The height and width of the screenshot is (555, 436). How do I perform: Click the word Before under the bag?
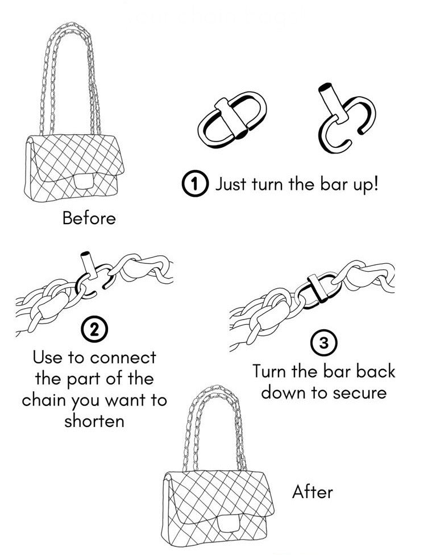89,218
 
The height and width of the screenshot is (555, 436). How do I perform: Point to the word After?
312,491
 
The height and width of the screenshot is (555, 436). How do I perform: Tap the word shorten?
94,421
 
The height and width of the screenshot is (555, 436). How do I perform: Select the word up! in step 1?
362,185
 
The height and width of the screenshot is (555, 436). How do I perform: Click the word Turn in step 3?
272,371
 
